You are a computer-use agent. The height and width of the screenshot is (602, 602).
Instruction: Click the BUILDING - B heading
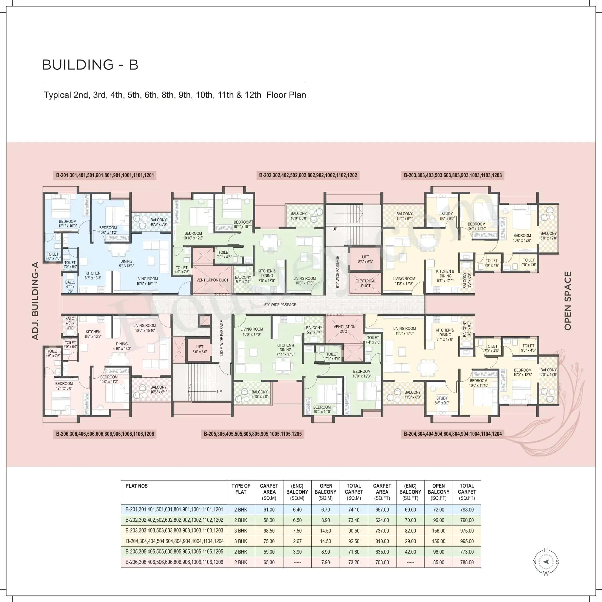[x=90, y=65]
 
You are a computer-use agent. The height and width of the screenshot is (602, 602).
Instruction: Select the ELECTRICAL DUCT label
[x=366, y=283]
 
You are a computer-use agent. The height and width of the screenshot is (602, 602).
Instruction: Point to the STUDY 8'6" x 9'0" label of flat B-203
[x=447, y=216]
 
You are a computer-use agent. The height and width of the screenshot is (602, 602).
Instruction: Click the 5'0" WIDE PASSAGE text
[x=280, y=305]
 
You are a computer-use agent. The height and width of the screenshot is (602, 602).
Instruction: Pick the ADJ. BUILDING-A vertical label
[x=36, y=301]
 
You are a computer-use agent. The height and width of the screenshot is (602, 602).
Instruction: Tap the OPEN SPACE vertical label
[x=568, y=301]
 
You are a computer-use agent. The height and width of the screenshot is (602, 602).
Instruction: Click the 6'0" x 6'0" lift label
[x=200, y=349]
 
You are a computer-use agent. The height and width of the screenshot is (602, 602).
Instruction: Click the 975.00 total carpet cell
[x=467, y=531]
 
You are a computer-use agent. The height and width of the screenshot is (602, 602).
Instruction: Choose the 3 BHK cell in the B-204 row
[x=241, y=541]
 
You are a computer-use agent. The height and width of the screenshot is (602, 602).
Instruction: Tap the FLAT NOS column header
[x=137, y=486]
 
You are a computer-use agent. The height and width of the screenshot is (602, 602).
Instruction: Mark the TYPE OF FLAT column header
[x=241, y=489]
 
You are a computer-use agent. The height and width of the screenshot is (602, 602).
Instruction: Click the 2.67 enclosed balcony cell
[x=297, y=541]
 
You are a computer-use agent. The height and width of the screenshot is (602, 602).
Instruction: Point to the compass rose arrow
[x=546, y=562]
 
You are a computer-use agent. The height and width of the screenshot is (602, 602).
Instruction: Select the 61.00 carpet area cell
[x=269, y=510]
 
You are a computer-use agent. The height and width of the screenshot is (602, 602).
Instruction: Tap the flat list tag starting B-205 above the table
[x=252, y=434]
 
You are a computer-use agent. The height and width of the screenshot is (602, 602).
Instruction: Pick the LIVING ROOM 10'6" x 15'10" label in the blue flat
[x=146, y=281]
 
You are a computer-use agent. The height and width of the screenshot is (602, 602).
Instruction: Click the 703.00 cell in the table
[x=382, y=562]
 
